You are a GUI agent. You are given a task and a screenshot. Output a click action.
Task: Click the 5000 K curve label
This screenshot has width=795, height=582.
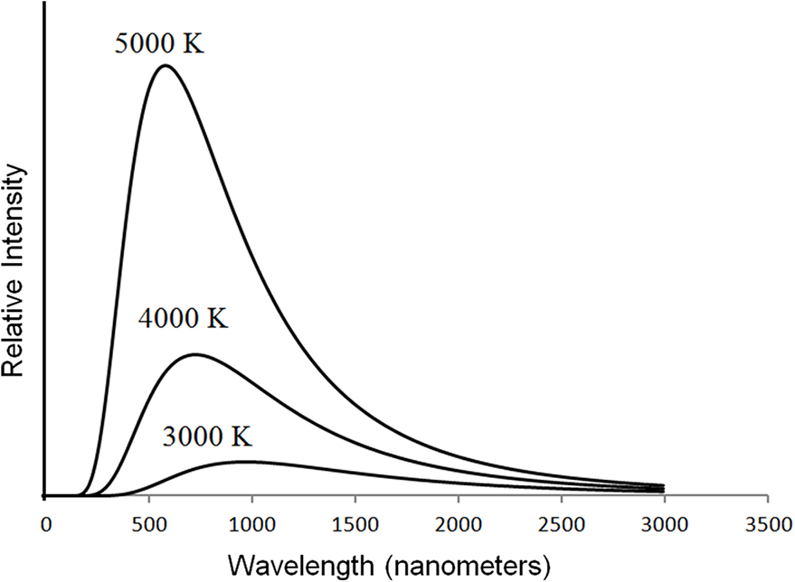[x=159, y=43]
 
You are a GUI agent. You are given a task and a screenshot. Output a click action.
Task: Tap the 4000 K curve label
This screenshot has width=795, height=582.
[x=183, y=319]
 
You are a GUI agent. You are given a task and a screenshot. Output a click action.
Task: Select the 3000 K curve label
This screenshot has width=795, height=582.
[x=207, y=436]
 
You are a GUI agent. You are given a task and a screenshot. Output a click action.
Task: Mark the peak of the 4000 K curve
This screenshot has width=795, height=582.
[x=195, y=354]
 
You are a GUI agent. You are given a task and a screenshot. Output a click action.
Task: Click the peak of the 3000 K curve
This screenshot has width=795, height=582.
[x=246, y=462]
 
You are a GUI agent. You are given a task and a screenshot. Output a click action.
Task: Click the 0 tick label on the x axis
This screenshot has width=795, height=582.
[x=45, y=525]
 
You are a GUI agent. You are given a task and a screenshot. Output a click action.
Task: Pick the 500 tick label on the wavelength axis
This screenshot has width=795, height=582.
[x=148, y=525]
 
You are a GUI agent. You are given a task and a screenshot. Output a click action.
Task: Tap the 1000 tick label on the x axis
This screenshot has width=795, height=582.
[x=252, y=525]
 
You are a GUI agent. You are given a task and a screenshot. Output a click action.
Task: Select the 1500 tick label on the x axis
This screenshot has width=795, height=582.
[x=355, y=525]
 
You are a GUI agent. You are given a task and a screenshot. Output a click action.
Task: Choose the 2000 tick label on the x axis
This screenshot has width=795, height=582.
[x=459, y=525]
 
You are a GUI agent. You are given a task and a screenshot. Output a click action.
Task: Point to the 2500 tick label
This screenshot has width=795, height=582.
[x=562, y=525]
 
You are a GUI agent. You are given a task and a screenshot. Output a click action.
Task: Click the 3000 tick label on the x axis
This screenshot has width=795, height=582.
[x=665, y=525]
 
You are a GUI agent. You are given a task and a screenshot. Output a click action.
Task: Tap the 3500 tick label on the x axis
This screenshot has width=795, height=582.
[x=769, y=525]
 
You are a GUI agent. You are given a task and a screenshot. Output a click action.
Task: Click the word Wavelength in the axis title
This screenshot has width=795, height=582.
[x=301, y=566]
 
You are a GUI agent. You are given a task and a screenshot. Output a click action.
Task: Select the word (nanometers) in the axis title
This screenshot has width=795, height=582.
[x=467, y=566]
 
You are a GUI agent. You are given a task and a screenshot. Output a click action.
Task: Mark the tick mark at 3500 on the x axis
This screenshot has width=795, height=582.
[x=768, y=499]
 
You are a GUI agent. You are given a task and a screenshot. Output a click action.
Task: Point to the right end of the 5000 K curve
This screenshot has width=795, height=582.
[x=664, y=485]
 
